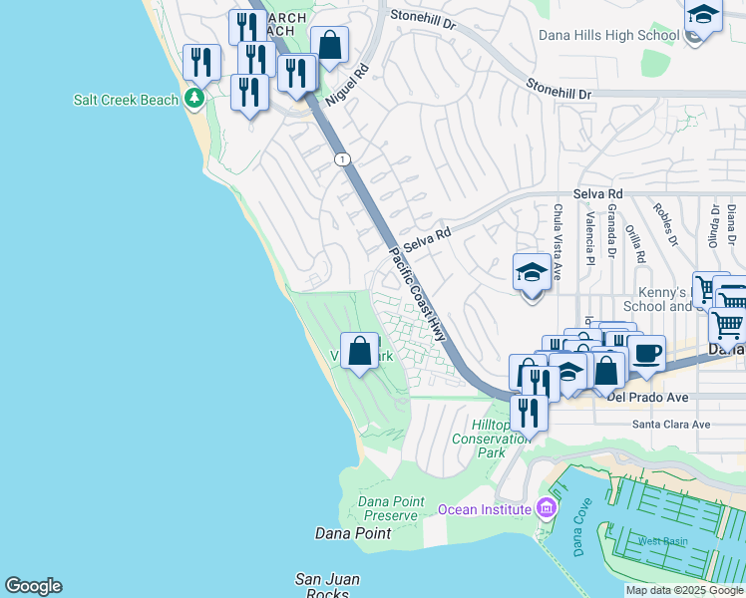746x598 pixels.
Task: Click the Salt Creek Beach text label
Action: (x=126, y=100)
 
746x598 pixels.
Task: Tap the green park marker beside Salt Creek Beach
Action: (x=193, y=99)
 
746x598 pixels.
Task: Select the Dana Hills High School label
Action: (x=608, y=36)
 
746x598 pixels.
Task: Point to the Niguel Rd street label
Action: (x=348, y=86)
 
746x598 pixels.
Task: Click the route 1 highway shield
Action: (x=342, y=159)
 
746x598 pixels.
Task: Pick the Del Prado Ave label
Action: (x=647, y=398)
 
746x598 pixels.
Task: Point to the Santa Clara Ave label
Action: (x=671, y=425)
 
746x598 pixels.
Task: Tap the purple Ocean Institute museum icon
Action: (x=546, y=508)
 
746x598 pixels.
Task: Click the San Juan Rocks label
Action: (x=327, y=586)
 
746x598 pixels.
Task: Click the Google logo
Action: (x=33, y=586)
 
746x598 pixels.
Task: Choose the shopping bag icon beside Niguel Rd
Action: (x=329, y=44)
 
